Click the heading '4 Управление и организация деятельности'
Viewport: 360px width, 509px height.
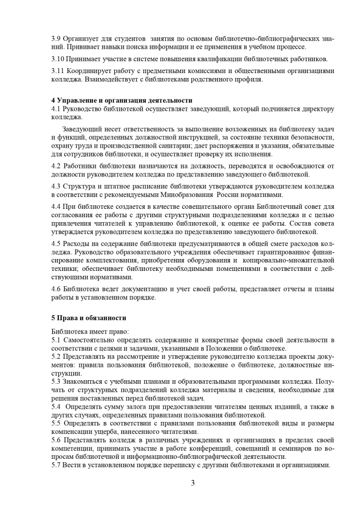click(x=122, y=101)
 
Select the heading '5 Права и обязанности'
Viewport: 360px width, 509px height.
click(x=89, y=318)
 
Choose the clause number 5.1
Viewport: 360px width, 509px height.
click(x=56, y=340)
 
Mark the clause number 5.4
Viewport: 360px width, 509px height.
click(x=56, y=407)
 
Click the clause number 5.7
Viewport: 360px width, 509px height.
click(x=56, y=465)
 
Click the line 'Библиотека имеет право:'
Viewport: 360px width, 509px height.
click(x=90, y=331)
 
